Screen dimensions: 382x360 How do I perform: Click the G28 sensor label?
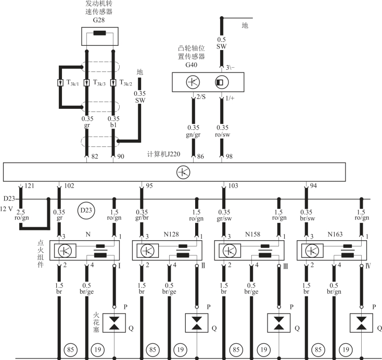98,20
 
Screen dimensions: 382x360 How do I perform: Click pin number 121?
30,186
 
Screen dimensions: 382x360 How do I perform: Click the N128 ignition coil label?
171,234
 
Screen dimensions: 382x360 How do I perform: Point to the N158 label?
254,234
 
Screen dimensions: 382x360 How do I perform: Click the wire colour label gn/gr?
194,134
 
